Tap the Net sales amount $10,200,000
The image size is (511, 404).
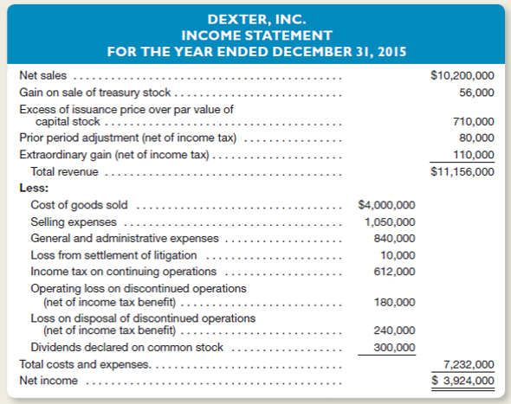click(x=462, y=75)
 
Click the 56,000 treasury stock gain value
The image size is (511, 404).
click(x=476, y=92)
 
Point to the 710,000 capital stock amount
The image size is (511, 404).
click(x=473, y=122)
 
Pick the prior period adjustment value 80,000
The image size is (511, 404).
click(x=476, y=138)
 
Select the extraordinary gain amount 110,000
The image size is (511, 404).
click(x=473, y=154)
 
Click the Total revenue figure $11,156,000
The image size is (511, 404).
click(x=462, y=171)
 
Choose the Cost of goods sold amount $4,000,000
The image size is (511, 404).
click(x=387, y=205)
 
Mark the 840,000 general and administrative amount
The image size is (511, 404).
click(x=394, y=238)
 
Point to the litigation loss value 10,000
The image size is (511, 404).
click(x=398, y=254)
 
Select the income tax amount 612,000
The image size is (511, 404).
click(x=394, y=271)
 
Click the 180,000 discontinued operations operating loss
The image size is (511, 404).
click(x=394, y=302)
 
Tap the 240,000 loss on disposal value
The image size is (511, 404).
click(x=394, y=330)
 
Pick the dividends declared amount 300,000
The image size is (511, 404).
click(x=394, y=347)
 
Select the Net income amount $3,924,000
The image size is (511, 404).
click(x=464, y=381)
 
